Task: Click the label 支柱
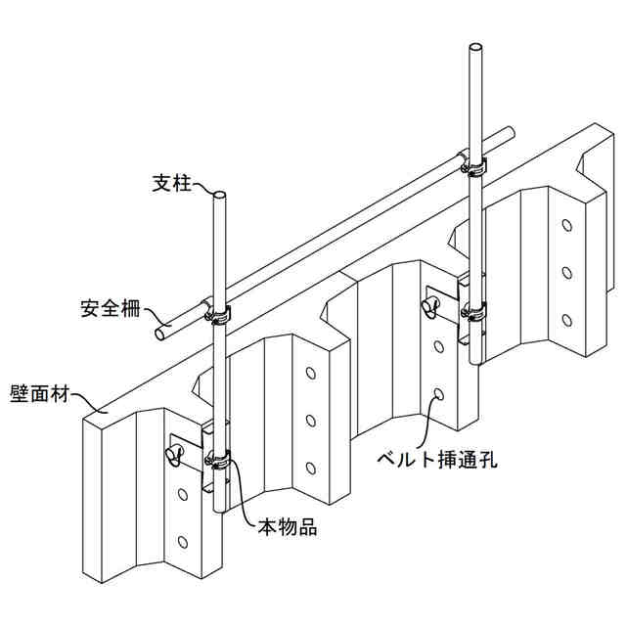point(172,183)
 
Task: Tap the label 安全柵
point(109,310)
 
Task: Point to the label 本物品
point(287,526)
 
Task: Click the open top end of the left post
point(220,197)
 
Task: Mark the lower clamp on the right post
point(474,312)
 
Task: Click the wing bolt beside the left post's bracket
point(174,453)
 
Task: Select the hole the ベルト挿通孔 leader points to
point(438,395)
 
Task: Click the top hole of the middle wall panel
point(310,375)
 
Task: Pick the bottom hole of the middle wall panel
point(310,467)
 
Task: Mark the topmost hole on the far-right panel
point(565,226)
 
